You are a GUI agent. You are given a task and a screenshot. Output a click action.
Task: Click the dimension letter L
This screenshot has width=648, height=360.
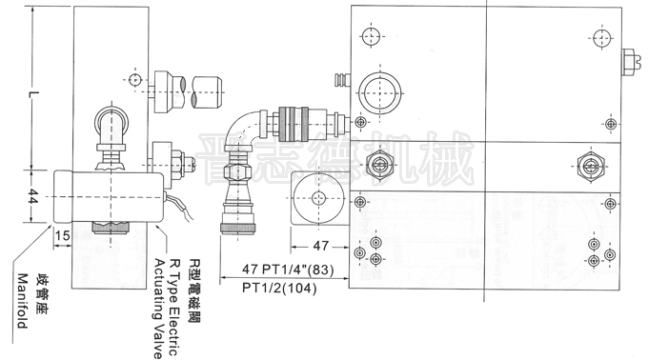tap(34, 97)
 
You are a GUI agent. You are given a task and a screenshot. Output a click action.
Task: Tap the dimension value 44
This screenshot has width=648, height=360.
tap(33, 198)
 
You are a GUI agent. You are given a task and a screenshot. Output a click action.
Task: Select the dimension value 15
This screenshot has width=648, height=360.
tap(63, 235)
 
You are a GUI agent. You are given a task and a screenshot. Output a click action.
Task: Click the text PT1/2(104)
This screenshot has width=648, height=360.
tap(281, 286)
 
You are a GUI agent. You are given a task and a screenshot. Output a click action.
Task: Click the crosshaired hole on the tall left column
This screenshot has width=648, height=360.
tap(135, 78)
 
